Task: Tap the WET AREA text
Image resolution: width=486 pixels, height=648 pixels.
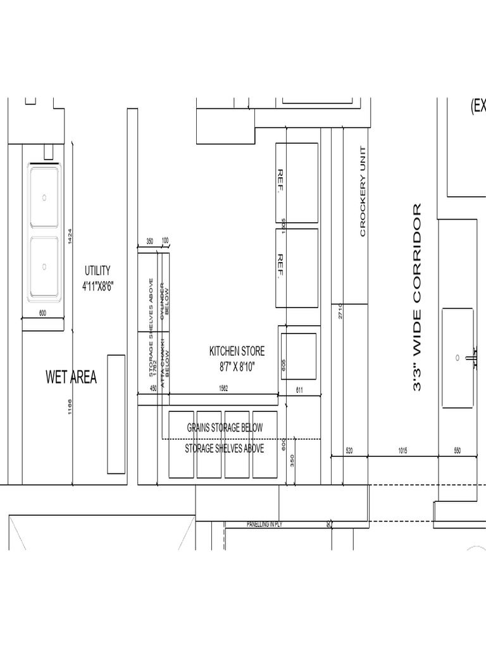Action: point(71,378)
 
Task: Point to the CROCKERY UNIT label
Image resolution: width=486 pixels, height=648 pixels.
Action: point(363,191)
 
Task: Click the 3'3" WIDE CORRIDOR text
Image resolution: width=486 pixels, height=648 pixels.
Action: point(417,297)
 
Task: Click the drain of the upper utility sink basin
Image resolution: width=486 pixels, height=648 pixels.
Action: point(44,197)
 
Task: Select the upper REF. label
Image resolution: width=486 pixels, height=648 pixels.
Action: point(280,182)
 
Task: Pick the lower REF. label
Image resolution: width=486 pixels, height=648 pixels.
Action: point(280,266)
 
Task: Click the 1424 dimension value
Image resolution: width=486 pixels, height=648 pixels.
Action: point(70,237)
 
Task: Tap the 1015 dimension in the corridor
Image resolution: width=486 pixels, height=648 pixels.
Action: point(402,451)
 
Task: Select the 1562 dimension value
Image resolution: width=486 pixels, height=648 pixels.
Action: point(223,389)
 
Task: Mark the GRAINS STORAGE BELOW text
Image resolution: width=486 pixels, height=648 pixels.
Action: point(224,428)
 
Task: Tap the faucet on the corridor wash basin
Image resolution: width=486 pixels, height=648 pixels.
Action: point(471,358)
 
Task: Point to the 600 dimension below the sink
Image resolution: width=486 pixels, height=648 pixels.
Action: point(43,313)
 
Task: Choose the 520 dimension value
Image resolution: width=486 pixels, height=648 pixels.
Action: point(349,451)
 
